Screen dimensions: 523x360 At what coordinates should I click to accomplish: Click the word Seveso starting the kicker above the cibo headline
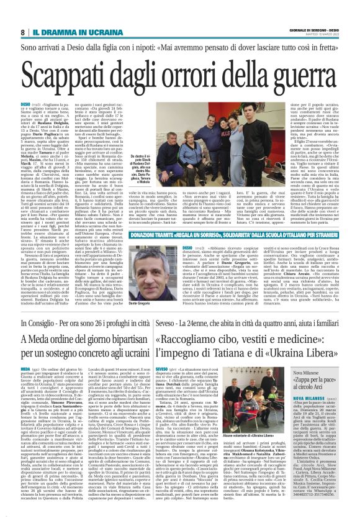click(163, 325)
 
